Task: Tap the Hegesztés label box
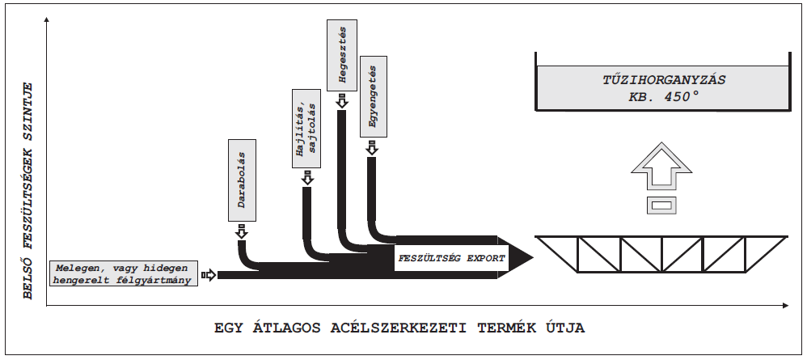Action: (342, 54)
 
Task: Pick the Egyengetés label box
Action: (371, 96)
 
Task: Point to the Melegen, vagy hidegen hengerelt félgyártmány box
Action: (124, 274)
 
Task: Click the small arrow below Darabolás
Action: (241, 232)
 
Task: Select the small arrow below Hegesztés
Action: (342, 100)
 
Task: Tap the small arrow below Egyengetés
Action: (371, 148)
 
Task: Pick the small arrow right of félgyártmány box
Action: (209, 275)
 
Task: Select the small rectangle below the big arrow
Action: (661, 205)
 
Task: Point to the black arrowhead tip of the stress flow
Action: (530, 259)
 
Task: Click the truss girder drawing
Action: (661, 256)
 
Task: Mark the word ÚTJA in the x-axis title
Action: (559, 328)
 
